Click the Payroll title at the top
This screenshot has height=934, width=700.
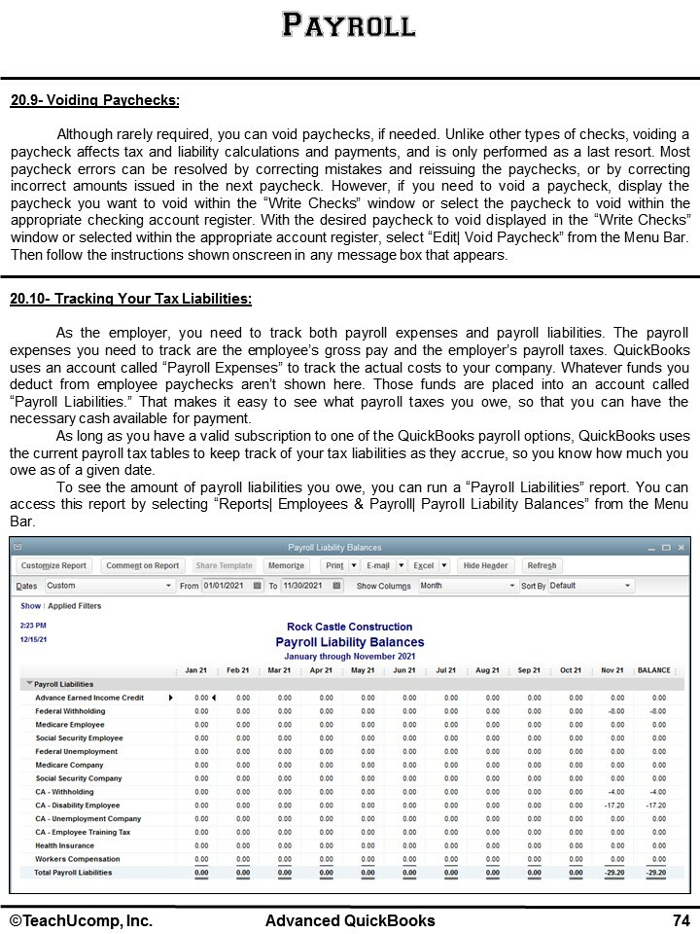click(349, 24)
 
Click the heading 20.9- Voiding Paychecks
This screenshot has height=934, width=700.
click(94, 100)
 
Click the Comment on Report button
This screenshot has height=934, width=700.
click(142, 565)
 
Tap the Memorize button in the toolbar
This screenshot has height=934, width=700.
click(286, 565)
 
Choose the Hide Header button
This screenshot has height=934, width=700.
click(485, 565)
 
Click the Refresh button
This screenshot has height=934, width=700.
click(542, 565)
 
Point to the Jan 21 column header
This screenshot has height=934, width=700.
click(196, 670)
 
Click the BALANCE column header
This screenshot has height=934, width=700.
click(653, 670)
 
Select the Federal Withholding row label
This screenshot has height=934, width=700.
click(70, 711)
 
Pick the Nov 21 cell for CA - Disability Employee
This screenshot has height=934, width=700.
click(613, 806)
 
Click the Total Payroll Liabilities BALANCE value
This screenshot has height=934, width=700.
click(656, 873)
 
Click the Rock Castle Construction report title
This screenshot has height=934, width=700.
click(349, 628)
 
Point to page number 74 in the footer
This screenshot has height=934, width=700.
click(681, 920)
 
